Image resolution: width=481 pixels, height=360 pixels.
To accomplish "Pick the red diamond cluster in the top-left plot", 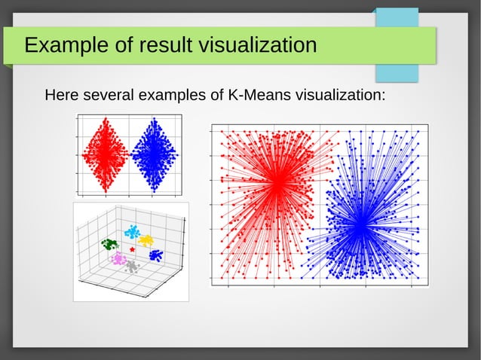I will [x=104, y=154].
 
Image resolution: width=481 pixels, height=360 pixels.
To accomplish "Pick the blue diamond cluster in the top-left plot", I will [x=155, y=154].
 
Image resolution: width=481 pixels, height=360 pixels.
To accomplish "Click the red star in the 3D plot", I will [x=133, y=248].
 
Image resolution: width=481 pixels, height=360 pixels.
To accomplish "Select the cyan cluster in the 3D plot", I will [x=132, y=231].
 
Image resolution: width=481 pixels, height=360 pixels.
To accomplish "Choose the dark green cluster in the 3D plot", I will [x=110, y=244].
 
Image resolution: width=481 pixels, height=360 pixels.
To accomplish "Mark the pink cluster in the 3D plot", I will [x=118, y=258].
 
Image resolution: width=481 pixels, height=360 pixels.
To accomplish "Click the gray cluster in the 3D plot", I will [x=132, y=266].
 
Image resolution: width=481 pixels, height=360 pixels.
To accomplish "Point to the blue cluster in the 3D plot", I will [x=156, y=255].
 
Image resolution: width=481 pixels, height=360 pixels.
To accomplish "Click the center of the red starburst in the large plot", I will [x=277, y=182].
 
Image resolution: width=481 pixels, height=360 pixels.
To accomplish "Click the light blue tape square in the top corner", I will [x=397, y=45].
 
